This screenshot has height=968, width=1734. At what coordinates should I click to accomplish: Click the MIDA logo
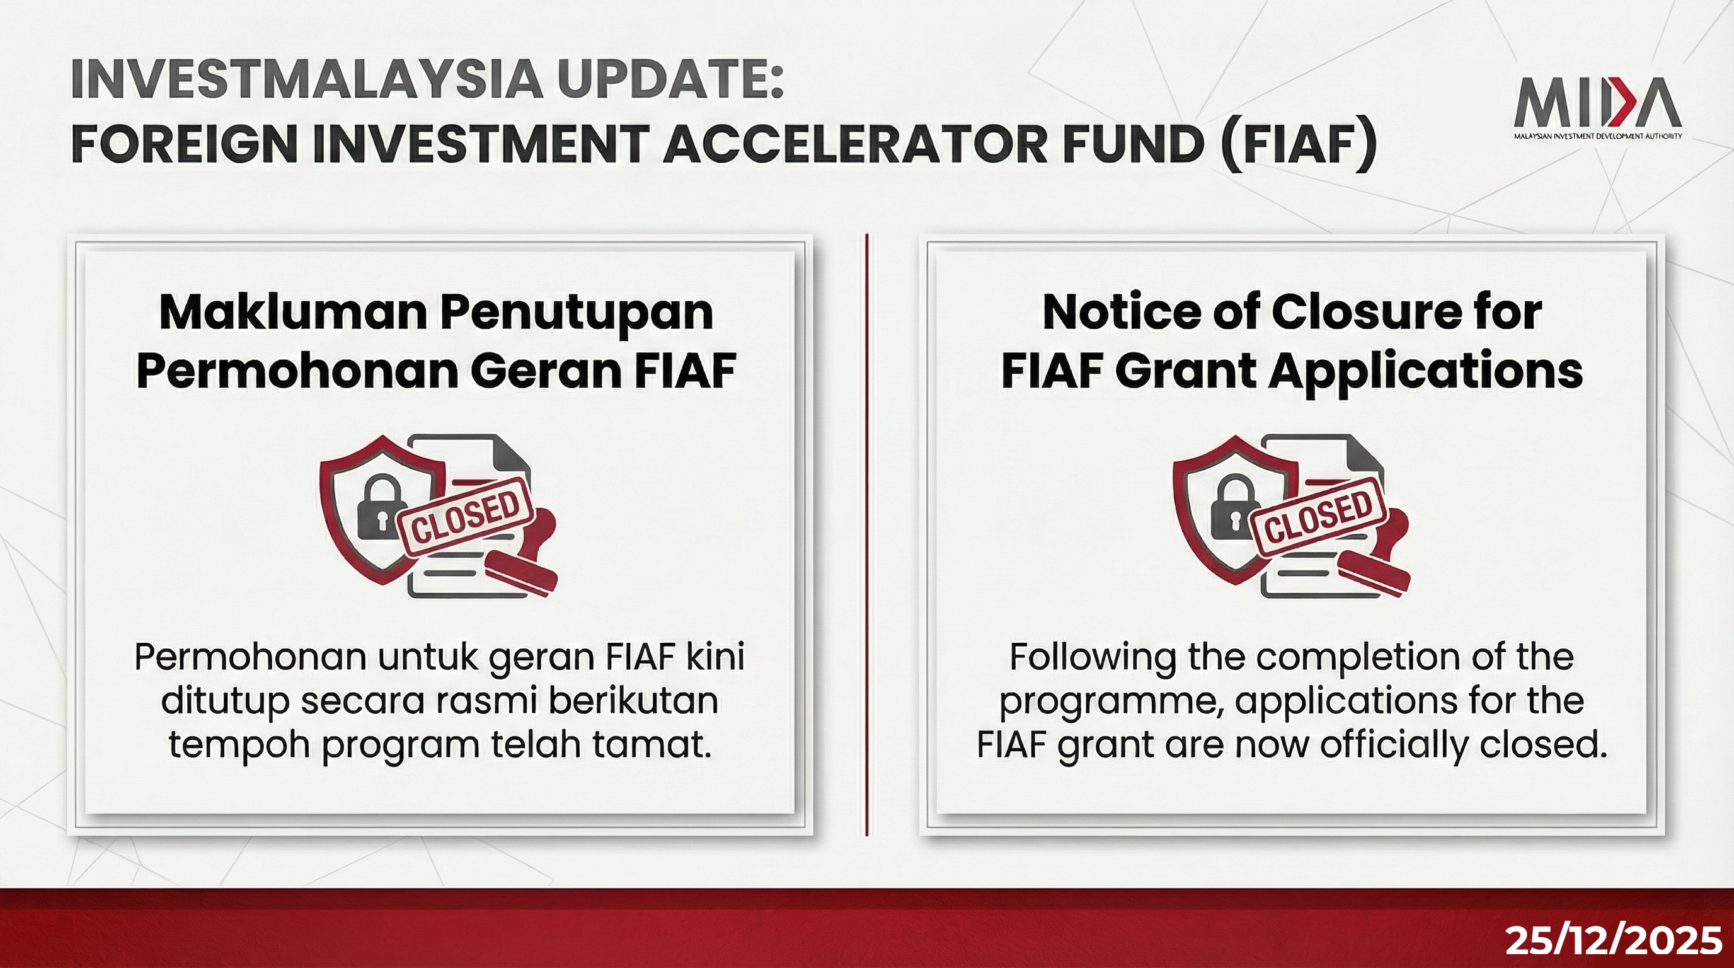click(x=1597, y=108)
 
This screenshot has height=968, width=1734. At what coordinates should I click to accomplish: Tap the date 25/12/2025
click(x=1614, y=940)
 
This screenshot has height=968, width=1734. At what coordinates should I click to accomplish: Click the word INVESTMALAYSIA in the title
click(x=306, y=79)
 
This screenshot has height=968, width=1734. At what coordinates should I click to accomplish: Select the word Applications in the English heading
click(x=1426, y=372)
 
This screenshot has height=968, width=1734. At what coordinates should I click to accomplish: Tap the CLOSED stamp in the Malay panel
click(x=466, y=517)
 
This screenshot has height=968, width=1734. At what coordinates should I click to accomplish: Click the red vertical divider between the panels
click(x=867, y=535)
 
